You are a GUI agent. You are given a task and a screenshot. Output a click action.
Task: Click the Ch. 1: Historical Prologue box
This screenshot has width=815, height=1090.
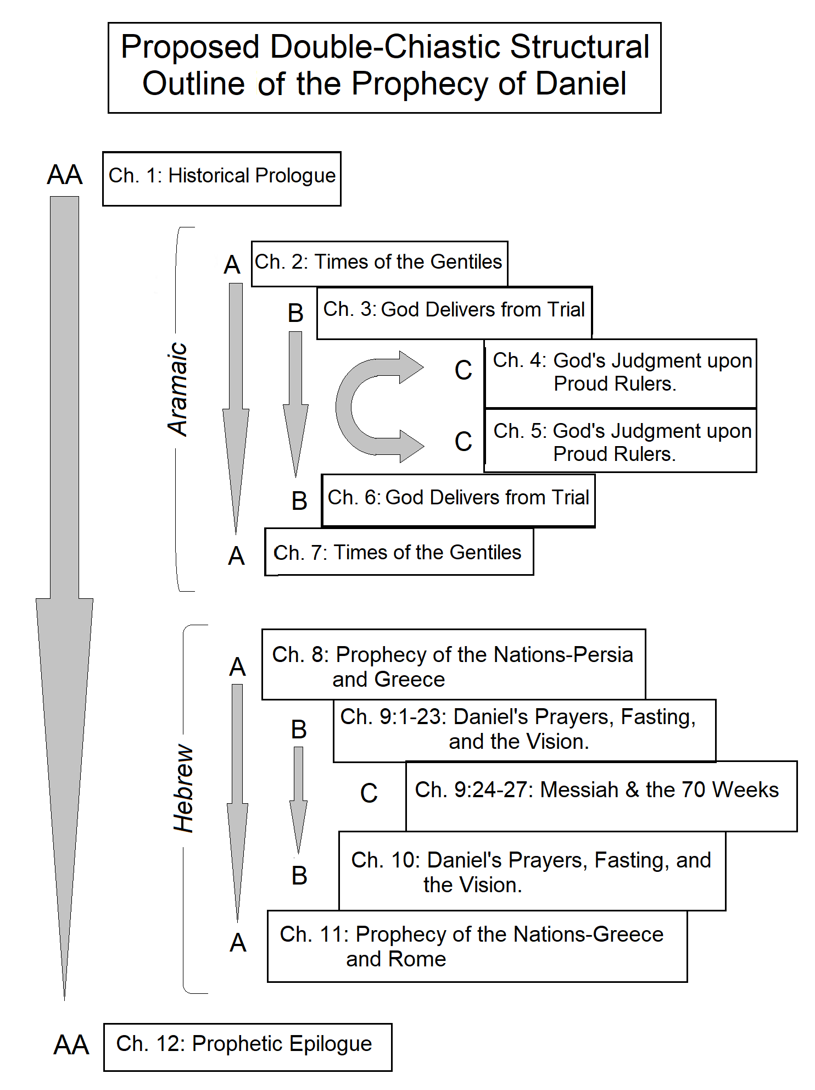(222, 179)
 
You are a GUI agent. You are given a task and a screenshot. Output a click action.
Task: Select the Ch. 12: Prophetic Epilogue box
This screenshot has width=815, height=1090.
(248, 1047)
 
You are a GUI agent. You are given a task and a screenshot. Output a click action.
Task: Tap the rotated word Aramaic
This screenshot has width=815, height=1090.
(178, 389)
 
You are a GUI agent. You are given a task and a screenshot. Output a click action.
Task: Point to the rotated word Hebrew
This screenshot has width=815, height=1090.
(183, 788)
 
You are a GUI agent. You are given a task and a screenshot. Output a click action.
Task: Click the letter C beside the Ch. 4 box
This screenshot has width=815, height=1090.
(463, 370)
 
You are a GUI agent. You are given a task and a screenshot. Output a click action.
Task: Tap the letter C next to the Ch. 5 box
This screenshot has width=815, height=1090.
(463, 442)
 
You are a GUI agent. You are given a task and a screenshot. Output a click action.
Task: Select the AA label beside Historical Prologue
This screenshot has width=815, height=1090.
(65, 175)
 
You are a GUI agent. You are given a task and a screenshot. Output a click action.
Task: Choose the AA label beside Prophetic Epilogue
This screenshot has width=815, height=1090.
(71, 1045)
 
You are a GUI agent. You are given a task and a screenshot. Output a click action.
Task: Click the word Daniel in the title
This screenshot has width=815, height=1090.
(580, 84)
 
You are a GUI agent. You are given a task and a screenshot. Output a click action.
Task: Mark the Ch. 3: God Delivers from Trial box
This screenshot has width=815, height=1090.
(454, 312)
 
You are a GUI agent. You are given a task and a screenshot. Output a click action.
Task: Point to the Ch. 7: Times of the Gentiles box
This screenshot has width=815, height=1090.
(399, 552)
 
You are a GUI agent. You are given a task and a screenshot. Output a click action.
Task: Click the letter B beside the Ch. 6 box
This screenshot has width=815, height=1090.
(299, 501)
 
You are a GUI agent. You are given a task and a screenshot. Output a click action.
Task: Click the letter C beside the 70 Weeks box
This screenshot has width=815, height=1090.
(369, 793)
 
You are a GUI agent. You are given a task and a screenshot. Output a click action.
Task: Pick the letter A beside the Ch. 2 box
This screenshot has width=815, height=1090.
(232, 265)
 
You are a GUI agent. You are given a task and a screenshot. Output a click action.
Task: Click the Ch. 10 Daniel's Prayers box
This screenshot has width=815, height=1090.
(532, 871)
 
